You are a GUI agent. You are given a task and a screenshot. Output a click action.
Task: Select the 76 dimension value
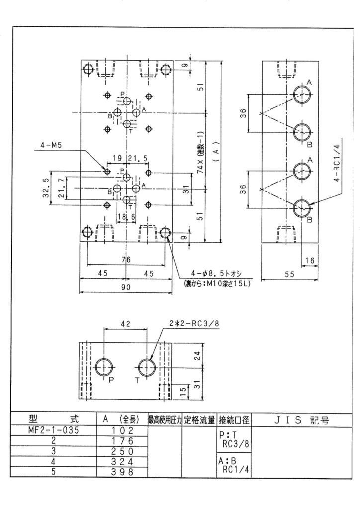coord(126,259)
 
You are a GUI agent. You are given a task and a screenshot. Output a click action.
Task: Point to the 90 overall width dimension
coord(126,287)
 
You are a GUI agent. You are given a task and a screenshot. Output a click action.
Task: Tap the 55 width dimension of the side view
coord(289,274)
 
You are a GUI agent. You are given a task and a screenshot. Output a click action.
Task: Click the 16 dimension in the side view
coord(310,260)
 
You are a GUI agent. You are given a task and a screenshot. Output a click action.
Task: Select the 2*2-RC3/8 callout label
coord(194,324)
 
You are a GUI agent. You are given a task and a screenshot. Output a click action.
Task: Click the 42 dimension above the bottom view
coord(126,324)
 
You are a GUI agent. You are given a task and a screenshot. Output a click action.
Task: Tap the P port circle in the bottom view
coord(104,368)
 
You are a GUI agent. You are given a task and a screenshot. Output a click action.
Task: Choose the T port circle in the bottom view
coord(147,368)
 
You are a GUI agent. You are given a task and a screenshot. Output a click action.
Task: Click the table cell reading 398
coord(122,472)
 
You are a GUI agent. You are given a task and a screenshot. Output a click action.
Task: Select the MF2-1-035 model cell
coord(54,431)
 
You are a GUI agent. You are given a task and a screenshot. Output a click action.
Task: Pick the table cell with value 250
coord(122,451)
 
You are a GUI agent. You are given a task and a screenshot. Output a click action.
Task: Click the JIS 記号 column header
coord(301,421)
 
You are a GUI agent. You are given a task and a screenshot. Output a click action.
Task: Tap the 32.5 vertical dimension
coord(46,188)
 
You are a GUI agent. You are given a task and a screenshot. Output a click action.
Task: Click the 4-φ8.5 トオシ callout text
coord(217,274)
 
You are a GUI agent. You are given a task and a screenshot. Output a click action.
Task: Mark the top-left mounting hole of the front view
coord(88,70)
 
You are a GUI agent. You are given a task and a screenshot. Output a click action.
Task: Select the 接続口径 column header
coord(234,420)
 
